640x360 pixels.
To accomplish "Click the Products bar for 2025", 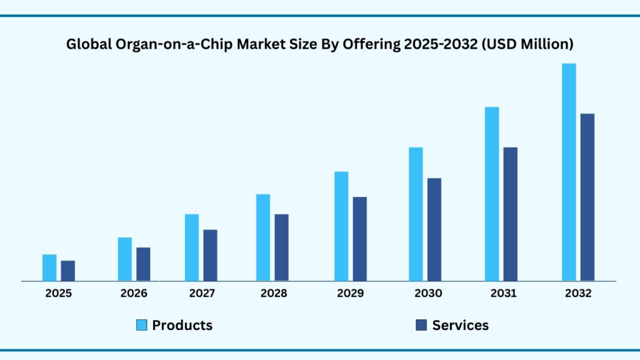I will [49, 267].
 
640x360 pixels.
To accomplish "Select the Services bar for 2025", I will [68, 271].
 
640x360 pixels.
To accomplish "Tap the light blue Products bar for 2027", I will [191, 247].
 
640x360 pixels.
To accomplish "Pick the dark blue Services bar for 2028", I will [282, 247].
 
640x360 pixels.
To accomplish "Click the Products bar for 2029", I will [341, 226].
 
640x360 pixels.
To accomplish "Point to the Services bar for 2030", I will [434, 229].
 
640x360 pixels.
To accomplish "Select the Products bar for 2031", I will [492, 194].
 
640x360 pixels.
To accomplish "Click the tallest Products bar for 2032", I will [569, 172].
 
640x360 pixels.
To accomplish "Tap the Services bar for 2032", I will [587, 197].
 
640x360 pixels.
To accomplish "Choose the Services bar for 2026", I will [143, 264].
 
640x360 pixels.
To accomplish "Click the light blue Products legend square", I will [142, 325].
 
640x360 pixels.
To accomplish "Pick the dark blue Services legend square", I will [421, 325].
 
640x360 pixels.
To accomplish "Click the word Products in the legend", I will [182, 325].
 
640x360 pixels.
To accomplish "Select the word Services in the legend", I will [460, 325].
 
